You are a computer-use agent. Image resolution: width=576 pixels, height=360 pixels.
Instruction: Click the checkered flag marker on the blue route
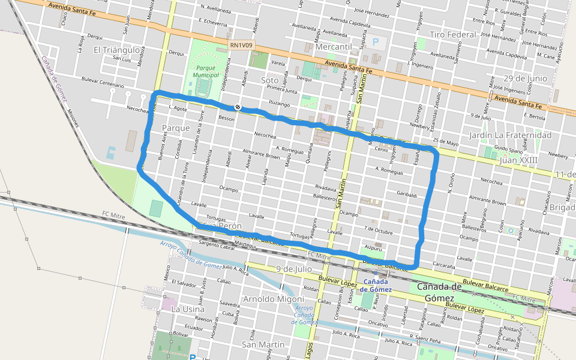pyautogui.click(x=238, y=107)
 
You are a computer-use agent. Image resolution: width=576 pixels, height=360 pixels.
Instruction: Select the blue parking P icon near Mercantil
pyautogui.click(x=376, y=42)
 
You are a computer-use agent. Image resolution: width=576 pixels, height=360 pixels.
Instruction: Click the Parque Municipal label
pyautogui.click(x=205, y=71)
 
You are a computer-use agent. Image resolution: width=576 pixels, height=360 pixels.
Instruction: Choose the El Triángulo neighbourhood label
pyautogui.click(x=117, y=50)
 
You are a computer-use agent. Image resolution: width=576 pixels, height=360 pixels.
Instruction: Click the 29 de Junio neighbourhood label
pyautogui.click(x=525, y=79)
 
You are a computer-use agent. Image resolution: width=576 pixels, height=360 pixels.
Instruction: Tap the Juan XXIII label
pyautogui.click(x=518, y=160)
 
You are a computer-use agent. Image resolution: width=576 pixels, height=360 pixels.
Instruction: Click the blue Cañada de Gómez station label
pyautogui.click(x=376, y=286)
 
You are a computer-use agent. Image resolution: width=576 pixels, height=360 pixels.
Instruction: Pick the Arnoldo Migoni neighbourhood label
pyautogui.click(x=270, y=298)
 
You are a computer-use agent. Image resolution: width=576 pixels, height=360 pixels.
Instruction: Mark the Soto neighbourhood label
pyautogui.click(x=270, y=80)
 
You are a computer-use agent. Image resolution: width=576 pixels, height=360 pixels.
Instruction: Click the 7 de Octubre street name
pyautogui.click(x=377, y=230)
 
